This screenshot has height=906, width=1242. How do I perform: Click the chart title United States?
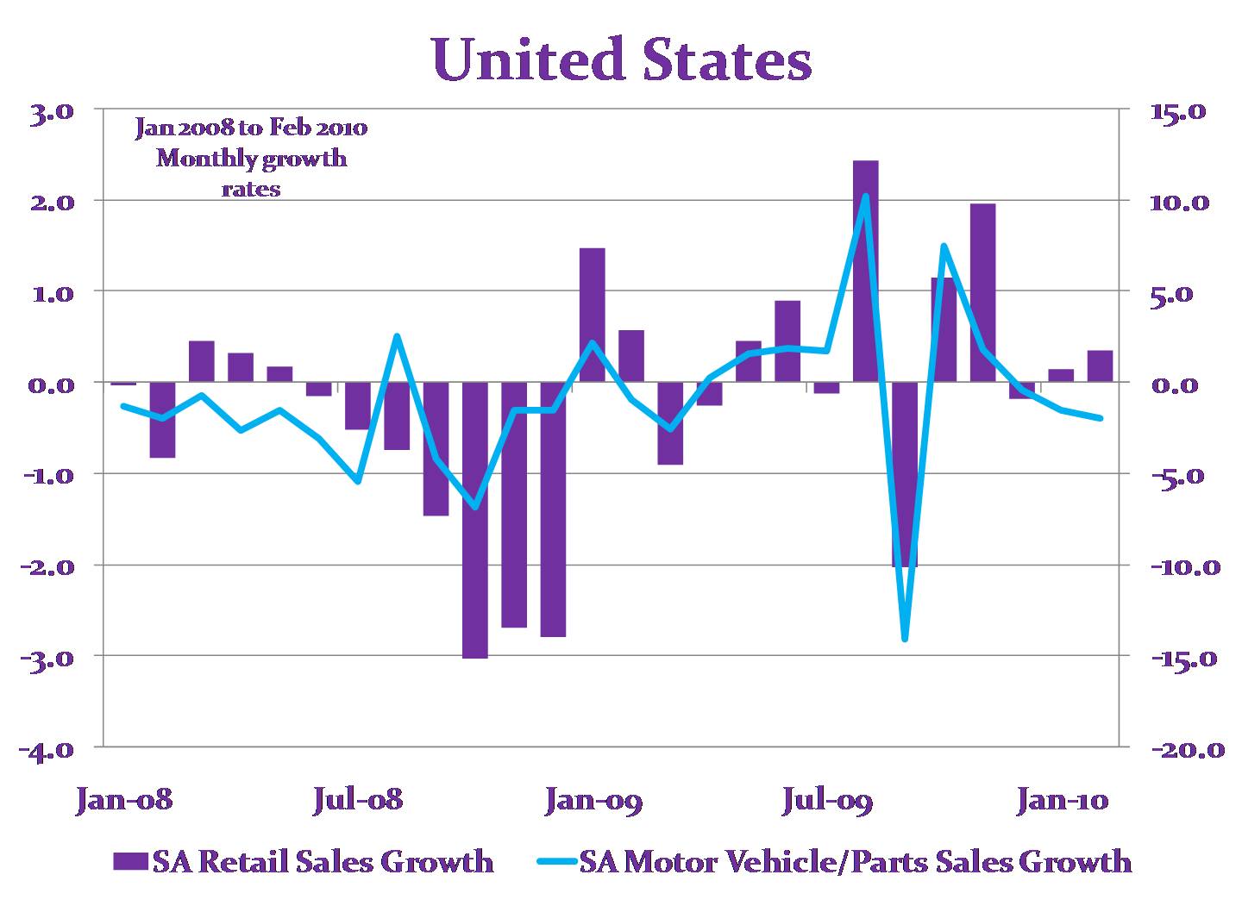(x=622, y=60)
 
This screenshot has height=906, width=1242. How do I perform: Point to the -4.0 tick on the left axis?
(x=52, y=748)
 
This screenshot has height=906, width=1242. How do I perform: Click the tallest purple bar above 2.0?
(x=865, y=271)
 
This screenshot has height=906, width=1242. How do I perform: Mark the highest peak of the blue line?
(x=865, y=197)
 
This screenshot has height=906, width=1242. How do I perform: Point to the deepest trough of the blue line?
(x=904, y=639)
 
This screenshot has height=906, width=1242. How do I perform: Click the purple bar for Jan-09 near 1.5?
(x=592, y=315)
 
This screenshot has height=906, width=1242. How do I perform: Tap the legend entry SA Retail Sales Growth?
(x=322, y=861)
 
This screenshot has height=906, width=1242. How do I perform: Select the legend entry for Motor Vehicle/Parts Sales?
(x=854, y=861)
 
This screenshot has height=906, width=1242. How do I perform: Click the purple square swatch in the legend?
(x=130, y=862)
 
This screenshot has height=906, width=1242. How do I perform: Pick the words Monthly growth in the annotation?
(x=251, y=159)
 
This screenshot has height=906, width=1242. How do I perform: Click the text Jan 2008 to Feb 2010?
(x=251, y=128)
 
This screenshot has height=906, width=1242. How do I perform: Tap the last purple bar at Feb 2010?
(x=1100, y=366)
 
